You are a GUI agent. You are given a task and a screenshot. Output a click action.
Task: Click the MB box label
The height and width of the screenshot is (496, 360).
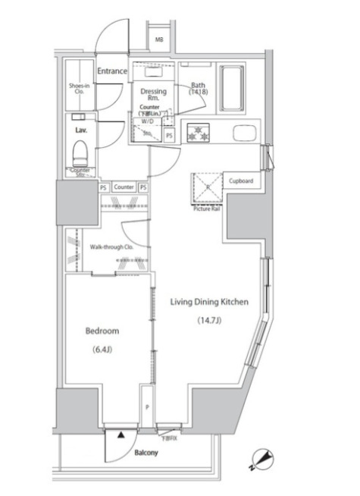click(160, 39)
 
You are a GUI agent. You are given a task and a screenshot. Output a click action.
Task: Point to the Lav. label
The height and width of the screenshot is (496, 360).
click(81, 130)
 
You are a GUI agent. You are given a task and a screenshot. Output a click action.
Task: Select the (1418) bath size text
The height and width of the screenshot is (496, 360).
click(199, 94)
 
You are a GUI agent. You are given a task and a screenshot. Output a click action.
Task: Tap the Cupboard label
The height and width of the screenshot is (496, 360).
click(241, 181)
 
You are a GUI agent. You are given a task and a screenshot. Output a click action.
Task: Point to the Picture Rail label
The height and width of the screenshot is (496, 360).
click(205, 209)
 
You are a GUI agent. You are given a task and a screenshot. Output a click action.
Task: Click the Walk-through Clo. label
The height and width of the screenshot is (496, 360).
click(108, 247)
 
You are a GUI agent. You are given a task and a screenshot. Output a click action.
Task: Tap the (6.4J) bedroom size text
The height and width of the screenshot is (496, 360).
click(102, 350)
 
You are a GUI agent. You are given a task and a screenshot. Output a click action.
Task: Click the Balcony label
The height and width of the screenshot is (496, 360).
click(146, 453)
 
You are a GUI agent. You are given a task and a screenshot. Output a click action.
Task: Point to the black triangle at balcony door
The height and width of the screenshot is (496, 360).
click(119, 435)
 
